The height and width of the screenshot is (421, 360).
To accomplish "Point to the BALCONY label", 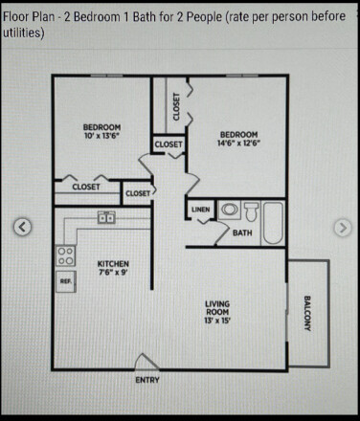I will [x=308, y=314].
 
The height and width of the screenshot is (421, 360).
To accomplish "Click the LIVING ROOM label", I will [x=217, y=311].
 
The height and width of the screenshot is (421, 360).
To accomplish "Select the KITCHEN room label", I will [x=113, y=264].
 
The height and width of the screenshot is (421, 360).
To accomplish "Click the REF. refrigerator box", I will [x=65, y=281].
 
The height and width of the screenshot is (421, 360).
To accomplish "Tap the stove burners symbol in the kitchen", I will [x=65, y=255].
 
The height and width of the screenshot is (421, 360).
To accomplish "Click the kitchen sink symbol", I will [x=106, y=218].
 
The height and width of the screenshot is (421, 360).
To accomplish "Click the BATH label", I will [x=242, y=233].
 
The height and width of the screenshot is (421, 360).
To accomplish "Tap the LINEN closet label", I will [x=201, y=209].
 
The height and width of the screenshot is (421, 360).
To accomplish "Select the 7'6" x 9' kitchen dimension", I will [x=113, y=274].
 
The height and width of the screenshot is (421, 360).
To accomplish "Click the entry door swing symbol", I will [x=148, y=362].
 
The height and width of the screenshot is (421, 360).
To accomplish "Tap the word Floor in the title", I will [x=18, y=16].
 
